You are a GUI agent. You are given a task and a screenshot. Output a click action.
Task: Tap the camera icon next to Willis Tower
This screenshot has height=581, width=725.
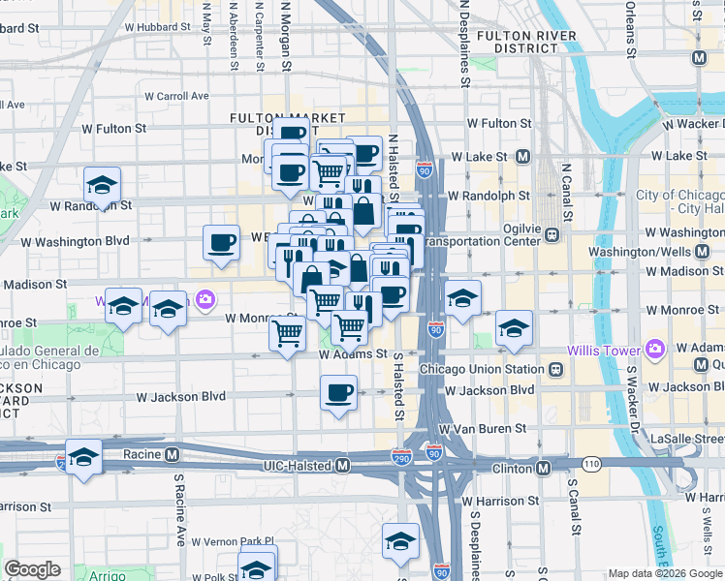[655, 348]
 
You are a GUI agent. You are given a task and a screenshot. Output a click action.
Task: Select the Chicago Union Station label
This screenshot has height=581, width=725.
[482, 369]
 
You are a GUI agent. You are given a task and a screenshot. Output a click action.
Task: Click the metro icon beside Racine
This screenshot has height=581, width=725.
[172, 453]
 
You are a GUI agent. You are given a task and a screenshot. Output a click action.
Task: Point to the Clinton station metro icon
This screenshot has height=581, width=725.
[544, 468]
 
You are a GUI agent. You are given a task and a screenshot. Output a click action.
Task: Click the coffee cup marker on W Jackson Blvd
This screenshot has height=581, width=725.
[338, 393]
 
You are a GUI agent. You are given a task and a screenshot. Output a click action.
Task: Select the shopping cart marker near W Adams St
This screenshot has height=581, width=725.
[288, 334]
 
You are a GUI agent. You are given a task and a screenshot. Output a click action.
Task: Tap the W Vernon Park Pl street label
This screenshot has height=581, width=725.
[233, 541]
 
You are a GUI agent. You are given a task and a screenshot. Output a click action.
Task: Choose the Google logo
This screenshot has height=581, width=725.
[33, 569]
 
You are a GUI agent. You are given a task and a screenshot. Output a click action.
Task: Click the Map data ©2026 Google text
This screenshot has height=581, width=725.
[665, 573]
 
